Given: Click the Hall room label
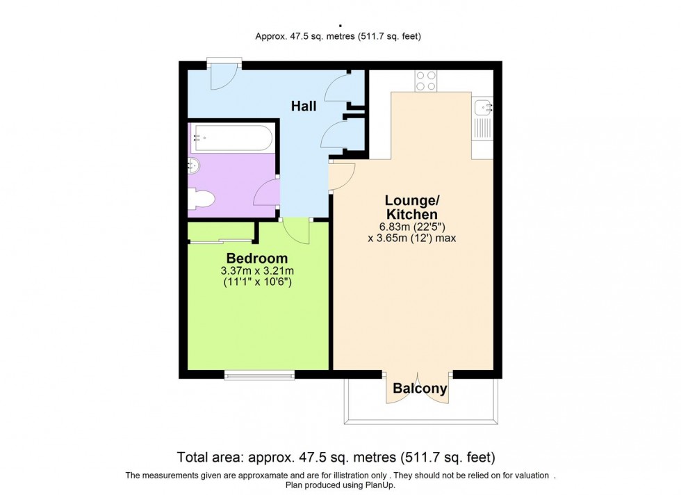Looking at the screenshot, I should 304,106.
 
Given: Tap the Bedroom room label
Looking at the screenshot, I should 256,259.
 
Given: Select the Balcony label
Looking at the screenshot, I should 420,389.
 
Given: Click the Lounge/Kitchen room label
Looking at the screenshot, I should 411,207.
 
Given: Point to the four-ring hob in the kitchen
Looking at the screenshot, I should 425,81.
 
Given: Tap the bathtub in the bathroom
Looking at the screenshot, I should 231,138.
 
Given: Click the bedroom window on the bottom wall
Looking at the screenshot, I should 259,375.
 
